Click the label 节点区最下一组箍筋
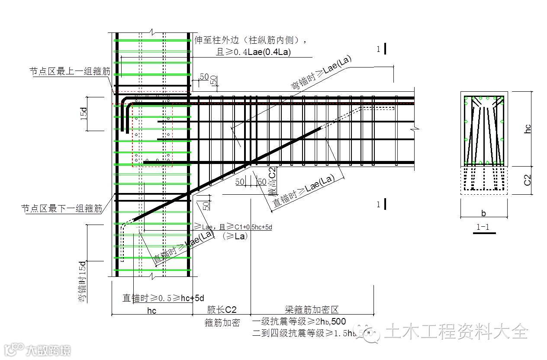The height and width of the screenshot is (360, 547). pos(62,209)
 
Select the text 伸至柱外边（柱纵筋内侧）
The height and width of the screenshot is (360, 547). pos(251,40)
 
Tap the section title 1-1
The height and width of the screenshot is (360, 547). pos(483,226)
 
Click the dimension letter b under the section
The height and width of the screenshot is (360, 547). pos(483,213)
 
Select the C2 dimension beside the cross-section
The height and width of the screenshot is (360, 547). pos(528,180)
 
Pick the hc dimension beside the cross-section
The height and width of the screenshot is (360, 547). pos(528,129)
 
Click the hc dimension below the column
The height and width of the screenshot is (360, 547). pos(151,310)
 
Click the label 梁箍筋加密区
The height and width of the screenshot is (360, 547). pos(312,310)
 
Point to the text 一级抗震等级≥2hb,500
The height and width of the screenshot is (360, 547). pos(299,321)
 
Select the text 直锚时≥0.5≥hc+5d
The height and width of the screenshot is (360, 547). pos(163,298)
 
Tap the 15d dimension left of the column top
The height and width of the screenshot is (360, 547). pos(84,113)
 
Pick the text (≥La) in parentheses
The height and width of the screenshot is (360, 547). pos(235,236)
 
